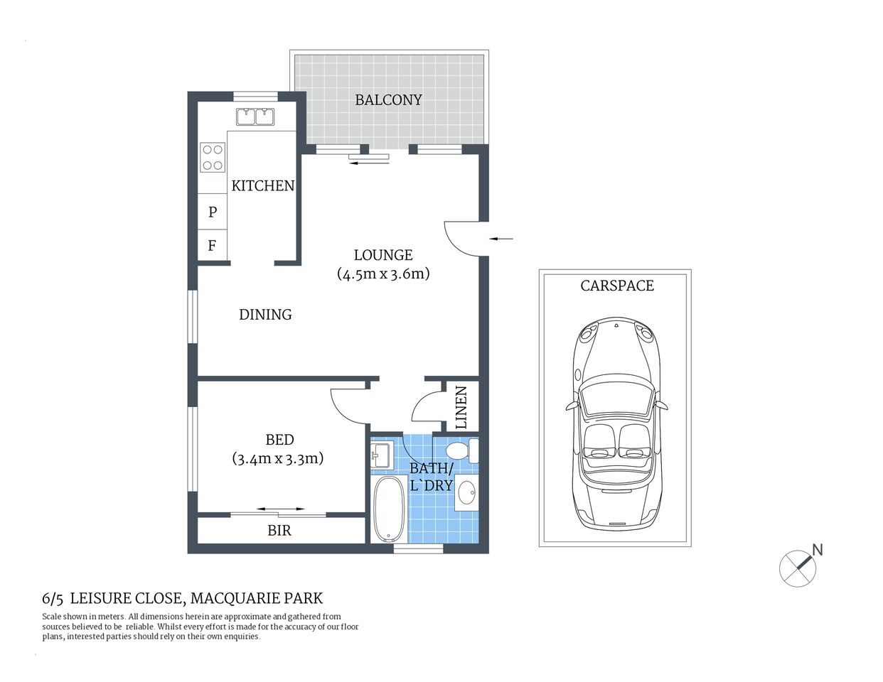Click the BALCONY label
[388, 100]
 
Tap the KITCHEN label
[262, 186]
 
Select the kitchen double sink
[255, 116]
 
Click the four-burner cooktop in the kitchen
[212, 157]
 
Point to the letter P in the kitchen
[212, 212]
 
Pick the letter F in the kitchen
[212, 247]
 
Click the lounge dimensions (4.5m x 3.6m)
[383, 274]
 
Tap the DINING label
[265, 315]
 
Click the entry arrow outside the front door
[501, 239]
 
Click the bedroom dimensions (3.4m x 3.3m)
[278, 459]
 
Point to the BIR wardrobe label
[279, 531]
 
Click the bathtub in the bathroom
[388, 509]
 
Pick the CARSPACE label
[616, 286]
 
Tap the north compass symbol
[798, 568]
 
